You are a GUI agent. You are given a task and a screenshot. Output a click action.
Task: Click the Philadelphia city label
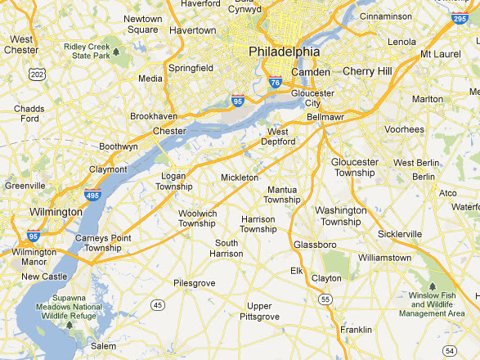[x=284, y=52]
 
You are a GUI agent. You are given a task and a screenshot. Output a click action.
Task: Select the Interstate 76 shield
[x=276, y=82]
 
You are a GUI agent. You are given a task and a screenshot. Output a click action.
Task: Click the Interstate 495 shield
[x=92, y=196]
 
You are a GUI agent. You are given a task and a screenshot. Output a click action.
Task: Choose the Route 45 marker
[x=157, y=305]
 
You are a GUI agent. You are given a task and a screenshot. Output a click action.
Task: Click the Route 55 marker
[x=325, y=300]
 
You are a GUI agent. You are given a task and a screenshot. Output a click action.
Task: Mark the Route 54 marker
[x=448, y=350]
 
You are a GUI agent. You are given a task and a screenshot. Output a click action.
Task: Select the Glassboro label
[x=315, y=245]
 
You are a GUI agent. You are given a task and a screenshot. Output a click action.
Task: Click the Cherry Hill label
[x=367, y=71]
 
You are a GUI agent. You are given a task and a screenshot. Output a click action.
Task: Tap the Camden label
[x=310, y=72]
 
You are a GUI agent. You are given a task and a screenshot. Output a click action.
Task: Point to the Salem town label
[x=103, y=346]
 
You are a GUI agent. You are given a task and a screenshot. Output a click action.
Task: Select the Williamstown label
[x=384, y=258]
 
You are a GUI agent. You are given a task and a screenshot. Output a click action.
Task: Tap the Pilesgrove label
[x=194, y=283]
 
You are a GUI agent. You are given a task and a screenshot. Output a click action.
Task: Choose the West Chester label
[x=21, y=44]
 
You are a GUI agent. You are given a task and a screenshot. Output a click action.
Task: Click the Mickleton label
[x=240, y=177]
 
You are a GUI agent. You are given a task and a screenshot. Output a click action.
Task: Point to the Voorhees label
[x=405, y=129]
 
